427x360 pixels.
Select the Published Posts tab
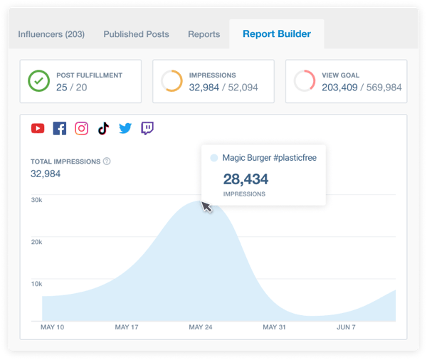pyautogui.click(x=136, y=34)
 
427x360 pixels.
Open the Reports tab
pyautogui.click(x=204, y=34)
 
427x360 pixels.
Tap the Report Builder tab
pyautogui.click(x=276, y=33)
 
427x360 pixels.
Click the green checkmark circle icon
pyautogui.click(x=39, y=81)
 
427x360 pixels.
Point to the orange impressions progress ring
pyautogui.click(x=172, y=81)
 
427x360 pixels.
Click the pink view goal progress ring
pyautogui.click(x=305, y=81)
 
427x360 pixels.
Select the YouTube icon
pyautogui.click(x=38, y=129)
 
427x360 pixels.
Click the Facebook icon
pyautogui.click(x=60, y=129)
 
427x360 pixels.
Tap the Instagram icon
pyautogui.click(x=82, y=129)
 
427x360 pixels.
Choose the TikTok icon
pyautogui.click(x=103, y=129)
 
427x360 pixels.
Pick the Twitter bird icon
pyautogui.click(x=125, y=129)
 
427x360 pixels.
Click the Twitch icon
pyautogui.click(x=147, y=129)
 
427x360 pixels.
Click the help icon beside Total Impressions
pyautogui.click(x=107, y=162)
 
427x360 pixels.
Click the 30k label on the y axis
pyautogui.click(x=36, y=200)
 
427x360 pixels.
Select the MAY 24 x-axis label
pyautogui.click(x=201, y=327)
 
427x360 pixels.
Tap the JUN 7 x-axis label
pyautogui.click(x=347, y=327)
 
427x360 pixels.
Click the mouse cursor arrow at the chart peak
pyautogui.click(x=206, y=207)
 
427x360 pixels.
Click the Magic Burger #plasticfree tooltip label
pyautogui.click(x=269, y=158)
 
